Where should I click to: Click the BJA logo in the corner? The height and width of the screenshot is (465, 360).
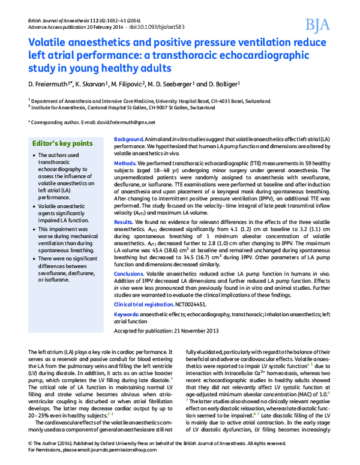(x=318, y=25)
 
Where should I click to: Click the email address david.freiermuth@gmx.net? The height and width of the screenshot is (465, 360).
(x=127, y=122)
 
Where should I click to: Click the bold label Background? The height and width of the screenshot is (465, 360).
(x=127, y=139)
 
